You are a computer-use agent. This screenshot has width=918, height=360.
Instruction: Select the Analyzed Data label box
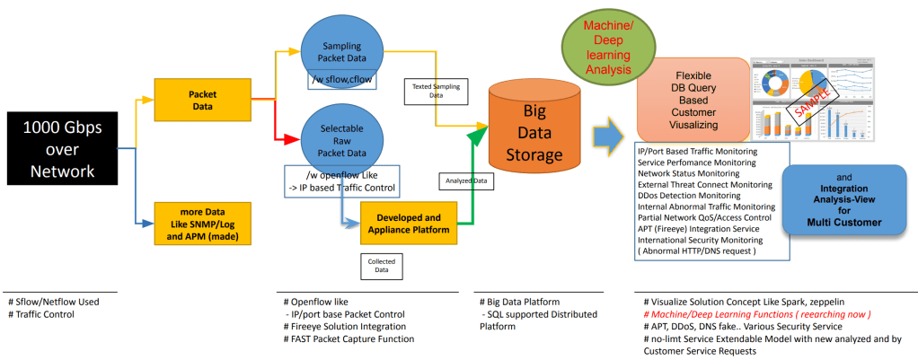464,180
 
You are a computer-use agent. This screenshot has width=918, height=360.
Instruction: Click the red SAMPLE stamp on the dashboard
814,100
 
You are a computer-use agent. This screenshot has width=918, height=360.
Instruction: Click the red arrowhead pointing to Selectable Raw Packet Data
290,139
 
